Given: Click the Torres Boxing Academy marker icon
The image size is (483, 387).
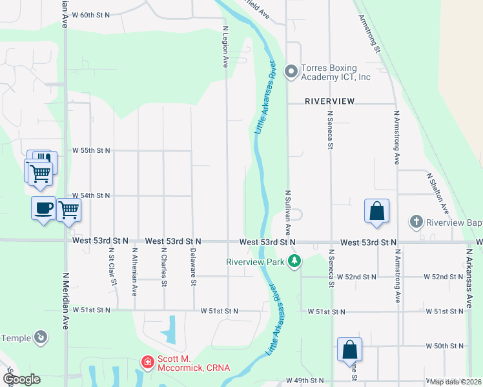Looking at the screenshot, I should click(x=291, y=70).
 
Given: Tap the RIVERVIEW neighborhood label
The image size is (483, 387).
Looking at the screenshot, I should click(x=330, y=101).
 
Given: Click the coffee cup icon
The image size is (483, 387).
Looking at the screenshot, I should click(x=43, y=208).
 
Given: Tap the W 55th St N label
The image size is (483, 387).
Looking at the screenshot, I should click(x=91, y=150).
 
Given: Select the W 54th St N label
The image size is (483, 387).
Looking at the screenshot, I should click(x=91, y=195).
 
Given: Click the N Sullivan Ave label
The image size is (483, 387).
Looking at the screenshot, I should click(x=289, y=212).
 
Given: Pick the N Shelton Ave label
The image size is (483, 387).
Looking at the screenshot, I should click(x=437, y=192).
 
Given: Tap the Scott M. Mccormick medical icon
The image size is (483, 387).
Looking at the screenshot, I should click(x=148, y=363).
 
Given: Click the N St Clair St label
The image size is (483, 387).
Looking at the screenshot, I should click(x=112, y=267).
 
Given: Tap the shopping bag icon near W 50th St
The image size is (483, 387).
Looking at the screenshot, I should click(x=349, y=350).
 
